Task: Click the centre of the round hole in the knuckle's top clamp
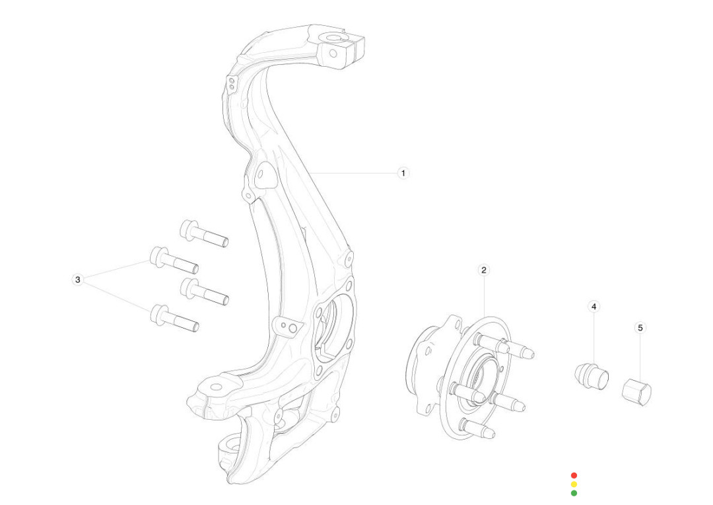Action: (333, 54)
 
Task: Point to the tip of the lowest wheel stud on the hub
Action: (492, 434)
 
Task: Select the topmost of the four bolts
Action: (204, 233)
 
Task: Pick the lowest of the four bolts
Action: (175, 318)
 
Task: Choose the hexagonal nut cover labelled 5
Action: (636, 392)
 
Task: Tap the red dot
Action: (574, 475)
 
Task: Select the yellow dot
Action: (574, 484)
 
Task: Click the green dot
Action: (574, 492)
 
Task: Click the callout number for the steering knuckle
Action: (403, 173)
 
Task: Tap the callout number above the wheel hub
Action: (484, 270)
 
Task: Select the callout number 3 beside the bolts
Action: (78, 280)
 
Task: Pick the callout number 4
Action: (594, 307)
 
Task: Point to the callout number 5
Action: (640, 328)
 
